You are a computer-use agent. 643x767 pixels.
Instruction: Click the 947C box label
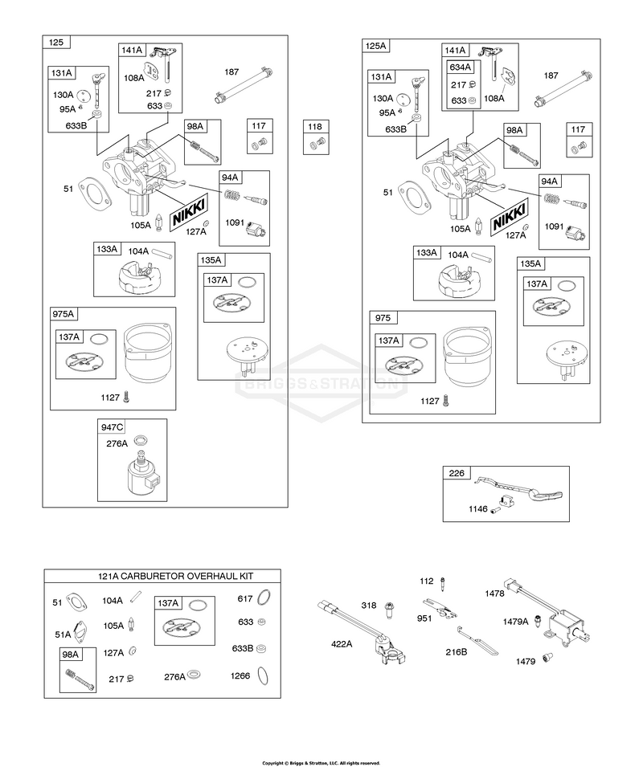[112, 427]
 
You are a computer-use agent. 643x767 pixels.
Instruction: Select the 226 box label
[457, 473]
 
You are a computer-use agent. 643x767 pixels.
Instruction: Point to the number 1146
[478, 508]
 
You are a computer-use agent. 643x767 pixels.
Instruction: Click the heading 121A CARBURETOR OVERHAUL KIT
[176, 576]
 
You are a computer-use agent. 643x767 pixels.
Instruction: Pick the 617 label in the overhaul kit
[244, 598]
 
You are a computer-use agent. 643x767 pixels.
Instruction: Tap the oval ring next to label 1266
[263, 675]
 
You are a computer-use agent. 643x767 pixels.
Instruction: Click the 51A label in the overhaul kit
[63, 634]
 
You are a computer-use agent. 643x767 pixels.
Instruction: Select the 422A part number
[342, 644]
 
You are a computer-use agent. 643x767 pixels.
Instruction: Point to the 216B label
[456, 651]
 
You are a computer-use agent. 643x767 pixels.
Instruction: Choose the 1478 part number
[494, 594]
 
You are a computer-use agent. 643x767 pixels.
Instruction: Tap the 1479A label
[516, 622]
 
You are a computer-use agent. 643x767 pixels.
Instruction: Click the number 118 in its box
[314, 127]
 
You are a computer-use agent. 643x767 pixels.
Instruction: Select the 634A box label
[460, 67]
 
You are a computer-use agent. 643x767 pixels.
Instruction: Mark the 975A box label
[64, 313]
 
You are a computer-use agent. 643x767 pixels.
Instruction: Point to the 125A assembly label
[376, 46]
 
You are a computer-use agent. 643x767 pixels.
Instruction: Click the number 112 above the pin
[427, 581]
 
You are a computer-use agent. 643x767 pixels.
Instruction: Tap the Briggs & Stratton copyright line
[321, 763]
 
